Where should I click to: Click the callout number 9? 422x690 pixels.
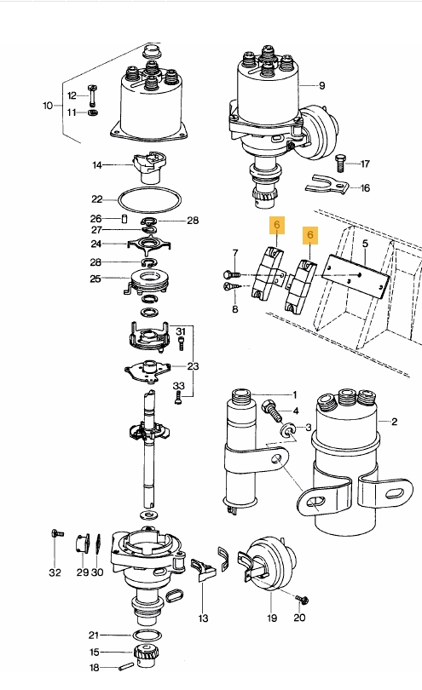tap(322, 86)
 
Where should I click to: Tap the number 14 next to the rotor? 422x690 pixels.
tap(97, 165)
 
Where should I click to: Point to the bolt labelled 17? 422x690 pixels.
tap(340, 160)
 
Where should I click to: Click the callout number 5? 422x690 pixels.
tap(364, 244)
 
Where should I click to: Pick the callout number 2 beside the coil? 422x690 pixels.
tap(394, 421)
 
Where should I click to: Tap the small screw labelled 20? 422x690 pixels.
tap(299, 599)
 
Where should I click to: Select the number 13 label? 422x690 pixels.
tap(203, 618)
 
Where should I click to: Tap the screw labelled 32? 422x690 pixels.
tap(55, 534)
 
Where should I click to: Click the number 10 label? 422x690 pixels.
tap(48, 106)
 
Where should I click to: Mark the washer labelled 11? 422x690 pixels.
tap(93, 112)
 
